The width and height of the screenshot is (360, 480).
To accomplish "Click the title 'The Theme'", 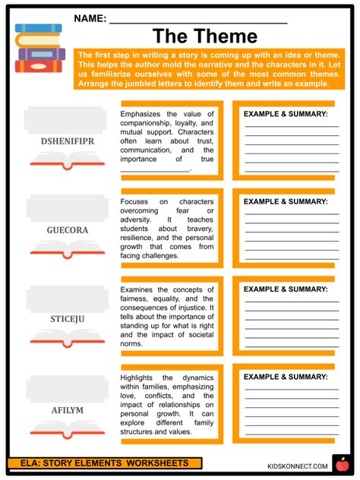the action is pos(205,36).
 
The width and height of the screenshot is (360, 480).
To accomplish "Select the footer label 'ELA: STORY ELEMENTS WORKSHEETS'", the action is pos(106,463).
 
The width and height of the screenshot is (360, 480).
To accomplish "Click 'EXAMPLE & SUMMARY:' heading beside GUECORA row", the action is pos(286,201).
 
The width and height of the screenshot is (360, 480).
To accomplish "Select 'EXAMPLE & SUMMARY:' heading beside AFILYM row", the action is pos(286,377).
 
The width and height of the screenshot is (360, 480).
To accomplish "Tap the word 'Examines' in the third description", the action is pos(137,289).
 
